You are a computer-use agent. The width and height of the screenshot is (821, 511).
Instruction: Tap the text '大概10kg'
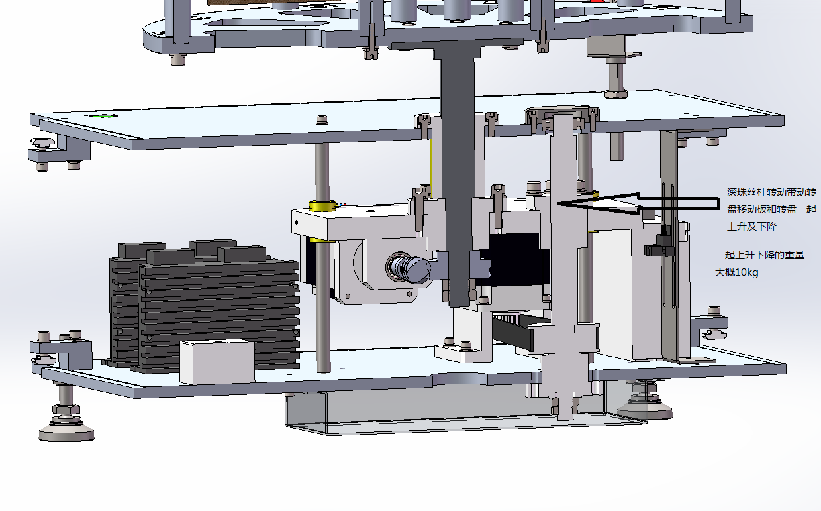(x=736, y=272)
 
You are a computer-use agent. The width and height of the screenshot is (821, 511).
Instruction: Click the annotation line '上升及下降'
(x=751, y=226)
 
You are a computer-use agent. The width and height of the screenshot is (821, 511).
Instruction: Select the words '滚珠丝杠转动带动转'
(x=771, y=192)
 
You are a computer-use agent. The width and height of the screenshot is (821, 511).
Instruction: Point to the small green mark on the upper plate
(x=104, y=116)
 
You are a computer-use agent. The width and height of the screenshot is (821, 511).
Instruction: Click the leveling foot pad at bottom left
(x=66, y=433)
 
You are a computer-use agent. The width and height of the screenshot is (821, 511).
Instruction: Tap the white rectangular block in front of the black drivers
(x=217, y=362)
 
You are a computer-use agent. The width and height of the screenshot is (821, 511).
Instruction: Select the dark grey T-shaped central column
(x=458, y=165)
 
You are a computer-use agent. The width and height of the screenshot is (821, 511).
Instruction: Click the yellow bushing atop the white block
(x=322, y=206)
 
